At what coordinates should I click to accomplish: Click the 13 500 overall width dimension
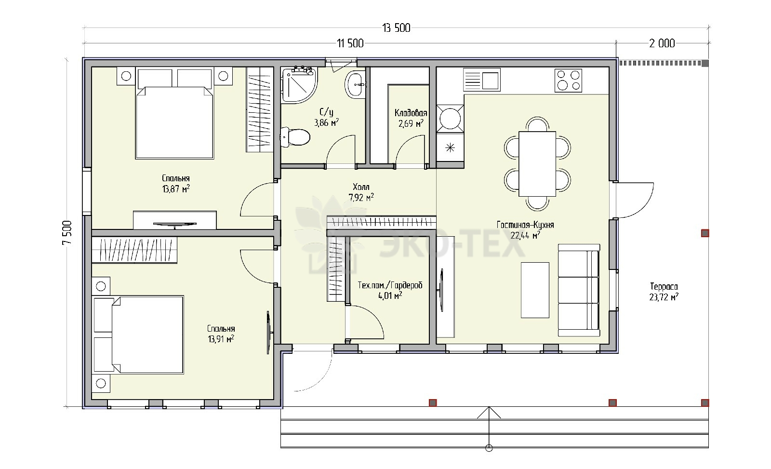pyautogui.click(x=396, y=28)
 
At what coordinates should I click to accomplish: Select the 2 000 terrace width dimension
pyautogui.click(x=662, y=43)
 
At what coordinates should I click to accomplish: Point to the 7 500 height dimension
pyautogui.click(x=67, y=232)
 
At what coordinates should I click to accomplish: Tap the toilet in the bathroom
pyautogui.click(x=295, y=137)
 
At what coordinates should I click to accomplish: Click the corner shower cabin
pyautogui.click(x=299, y=85)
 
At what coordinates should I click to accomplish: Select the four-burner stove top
pyautogui.click(x=568, y=80)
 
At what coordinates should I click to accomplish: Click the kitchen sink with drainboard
pyautogui.click(x=481, y=80)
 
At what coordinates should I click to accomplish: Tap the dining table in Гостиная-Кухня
pyautogui.click(x=537, y=164)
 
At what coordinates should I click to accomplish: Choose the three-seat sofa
pyautogui.click(x=579, y=290)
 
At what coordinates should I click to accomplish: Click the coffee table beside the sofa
pyautogui.click(x=535, y=290)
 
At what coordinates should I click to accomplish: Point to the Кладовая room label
pyautogui.click(x=411, y=113)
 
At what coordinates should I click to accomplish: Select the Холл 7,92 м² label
pyautogui.click(x=361, y=192)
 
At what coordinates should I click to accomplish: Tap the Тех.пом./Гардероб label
pyautogui.click(x=390, y=285)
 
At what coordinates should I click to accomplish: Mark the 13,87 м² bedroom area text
pyautogui.click(x=176, y=189)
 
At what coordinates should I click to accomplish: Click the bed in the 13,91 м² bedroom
pyautogui.click(x=138, y=335)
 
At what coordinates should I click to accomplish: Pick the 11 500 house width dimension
pyautogui.click(x=350, y=43)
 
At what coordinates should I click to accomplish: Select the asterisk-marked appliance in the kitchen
pyautogui.click(x=450, y=147)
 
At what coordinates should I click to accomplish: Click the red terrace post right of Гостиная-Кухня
pyautogui.click(x=705, y=233)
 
